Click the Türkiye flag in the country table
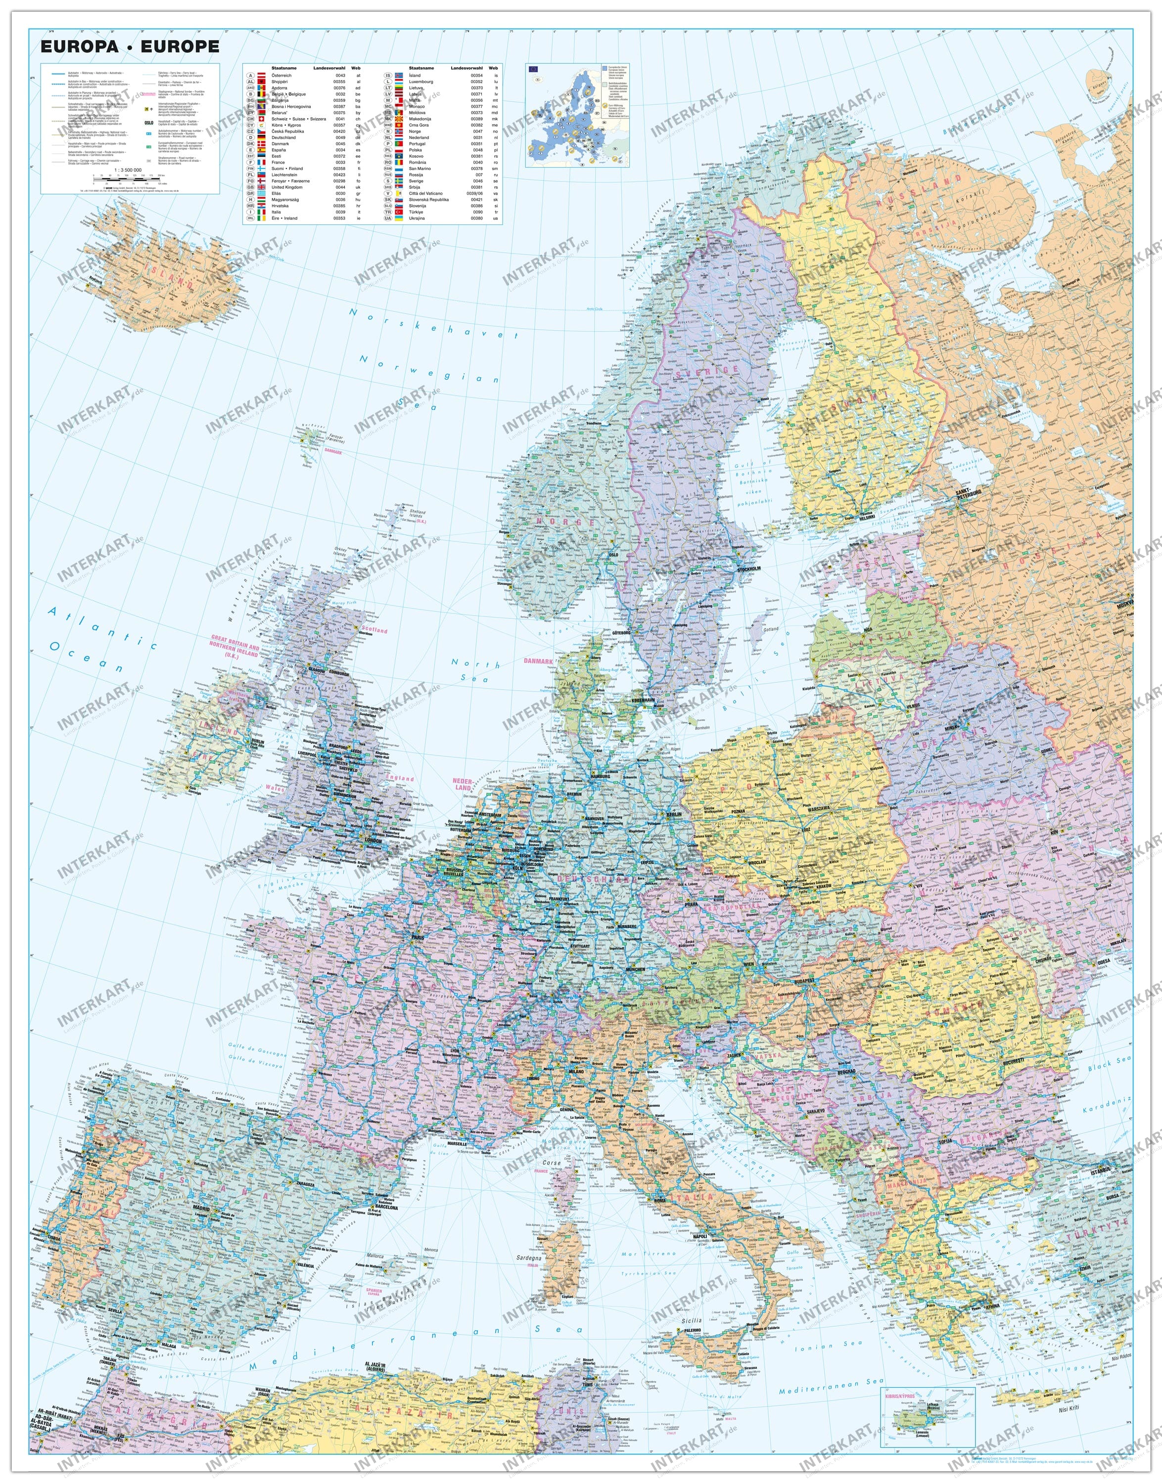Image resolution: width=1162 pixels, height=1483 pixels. (x=401, y=212)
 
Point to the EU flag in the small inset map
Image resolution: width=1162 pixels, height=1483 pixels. (x=532, y=69)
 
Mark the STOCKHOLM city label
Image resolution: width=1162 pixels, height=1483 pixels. (x=749, y=568)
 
